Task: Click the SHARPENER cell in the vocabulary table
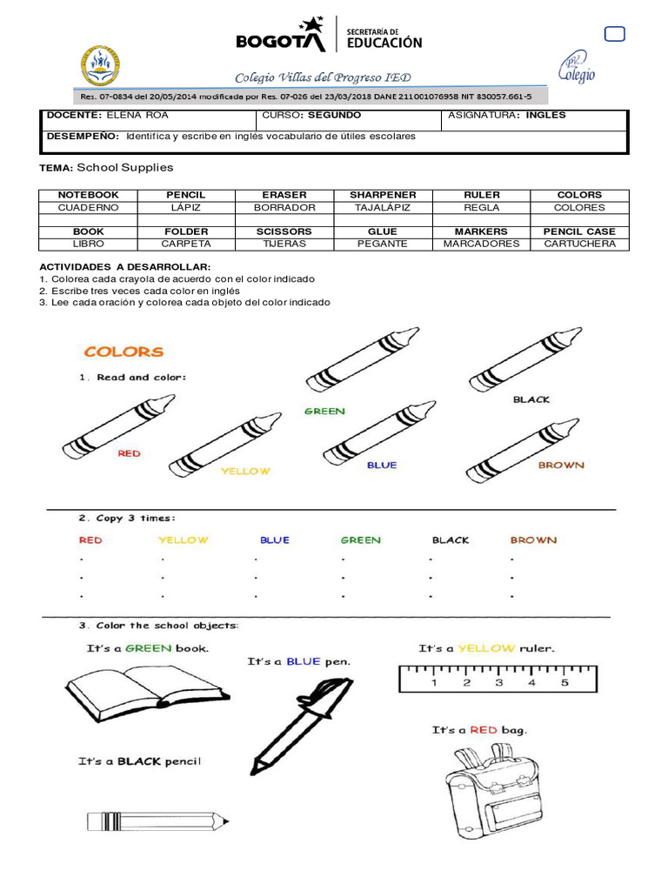pyautogui.click(x=383, y=195)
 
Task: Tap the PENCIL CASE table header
pyautogui.click(x=578, y=231)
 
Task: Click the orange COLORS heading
pyautogui.click(x=124, y=352)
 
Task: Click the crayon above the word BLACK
pyautogui.click(x=525, y=359)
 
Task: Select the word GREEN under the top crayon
pyautogui.click(x=324, y=411)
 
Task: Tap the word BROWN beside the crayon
pyautogui.click(x=561, y=465)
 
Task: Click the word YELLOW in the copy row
pyautogui.click(x=184, y=540)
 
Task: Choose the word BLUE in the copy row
pyautogui.click(x=274, y=540)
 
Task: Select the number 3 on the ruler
pyautogui.click(x=498, y=683)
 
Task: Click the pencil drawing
pyautogui.click(x=157, y=821)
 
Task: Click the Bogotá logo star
pyautogui.click(x=311, y=27)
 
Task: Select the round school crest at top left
pyautogui.click(x=101, y=66)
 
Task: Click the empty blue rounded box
pyautogui.click(x=614, y=34)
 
